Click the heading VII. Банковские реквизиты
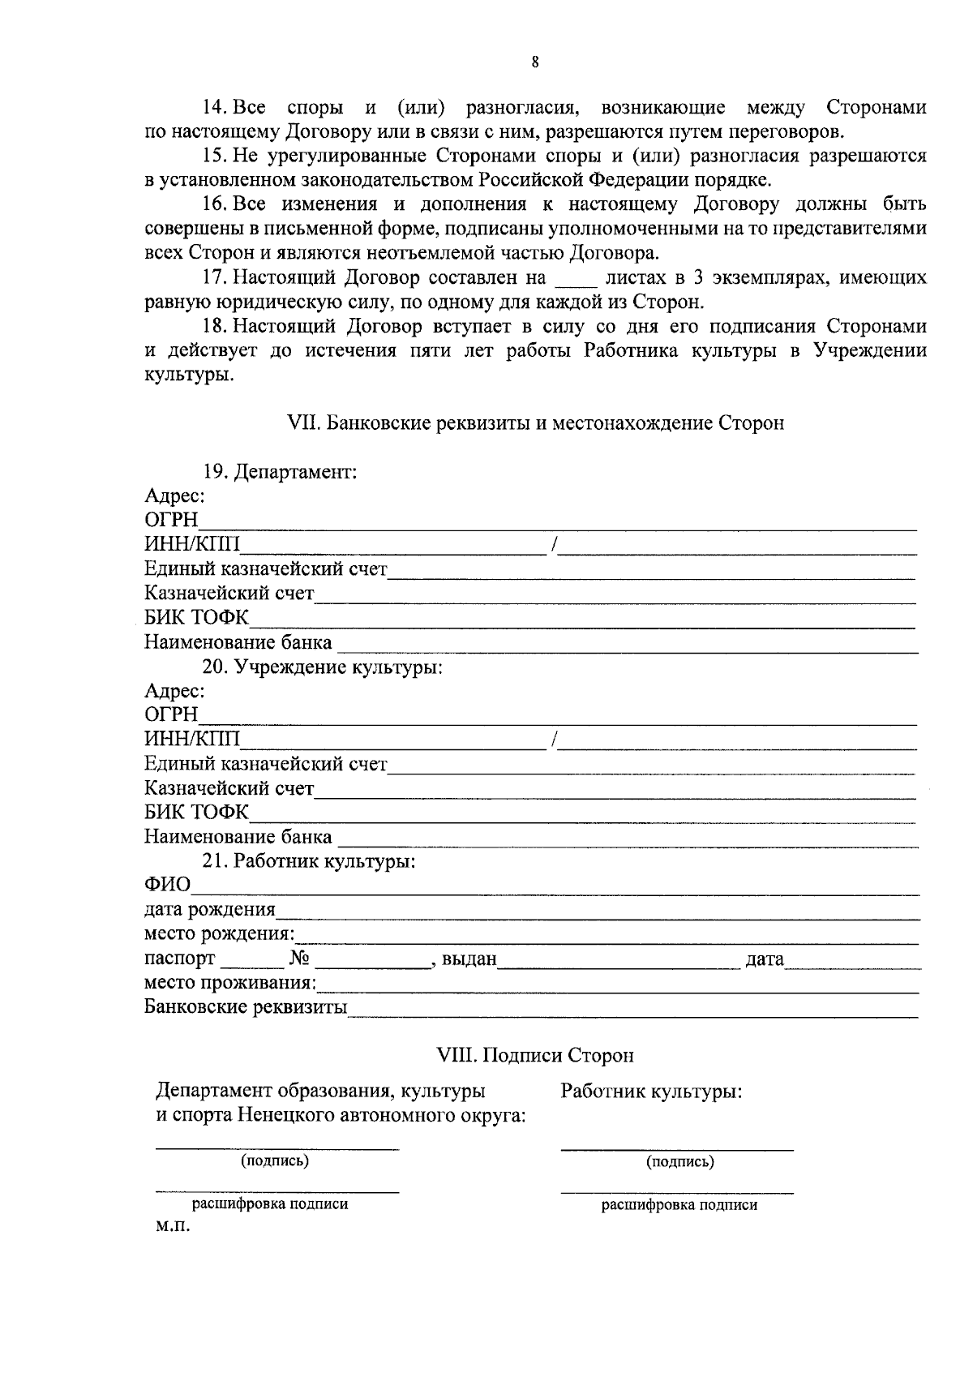[535, 423]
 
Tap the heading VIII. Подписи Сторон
[535, 1056]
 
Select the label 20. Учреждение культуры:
[322, 667]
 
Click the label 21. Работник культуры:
[309, 861]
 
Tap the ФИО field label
[167, 885]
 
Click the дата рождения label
[209, 910]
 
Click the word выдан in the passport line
[469, 960]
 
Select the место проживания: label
[230, 984]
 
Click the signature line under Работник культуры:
[676, 1148]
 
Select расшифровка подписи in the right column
[679, 1205]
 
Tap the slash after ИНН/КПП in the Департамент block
[553, 546]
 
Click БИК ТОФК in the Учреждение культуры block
[196, 813]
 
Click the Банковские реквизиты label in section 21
[245, 1008]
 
